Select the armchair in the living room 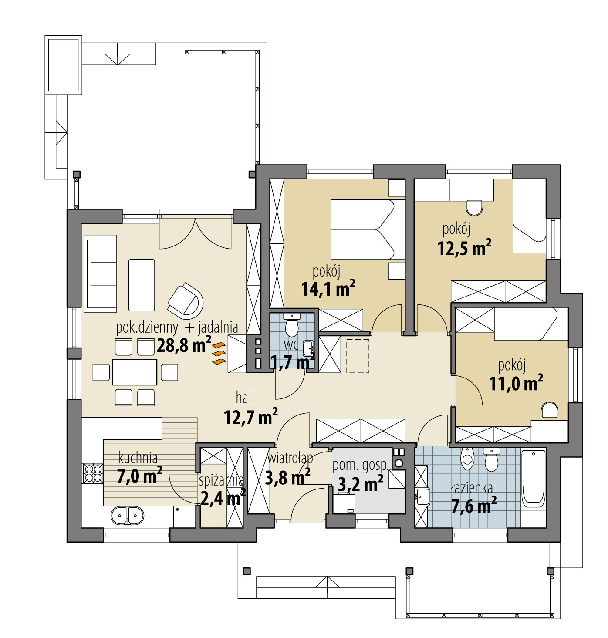(x=186, y=300)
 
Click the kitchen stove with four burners (x=93, y=474)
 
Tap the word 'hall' (x=245, y=397)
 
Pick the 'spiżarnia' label (x=221, y=481)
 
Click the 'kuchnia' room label (x=138, y=458)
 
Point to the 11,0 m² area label (x=516, y=384)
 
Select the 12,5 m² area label (x=464, y=248)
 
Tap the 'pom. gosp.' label (x=360, y=465)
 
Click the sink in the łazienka (x=422, y=496)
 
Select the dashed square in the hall (x=358, y=356)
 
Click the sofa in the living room (x=101, y=273)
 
